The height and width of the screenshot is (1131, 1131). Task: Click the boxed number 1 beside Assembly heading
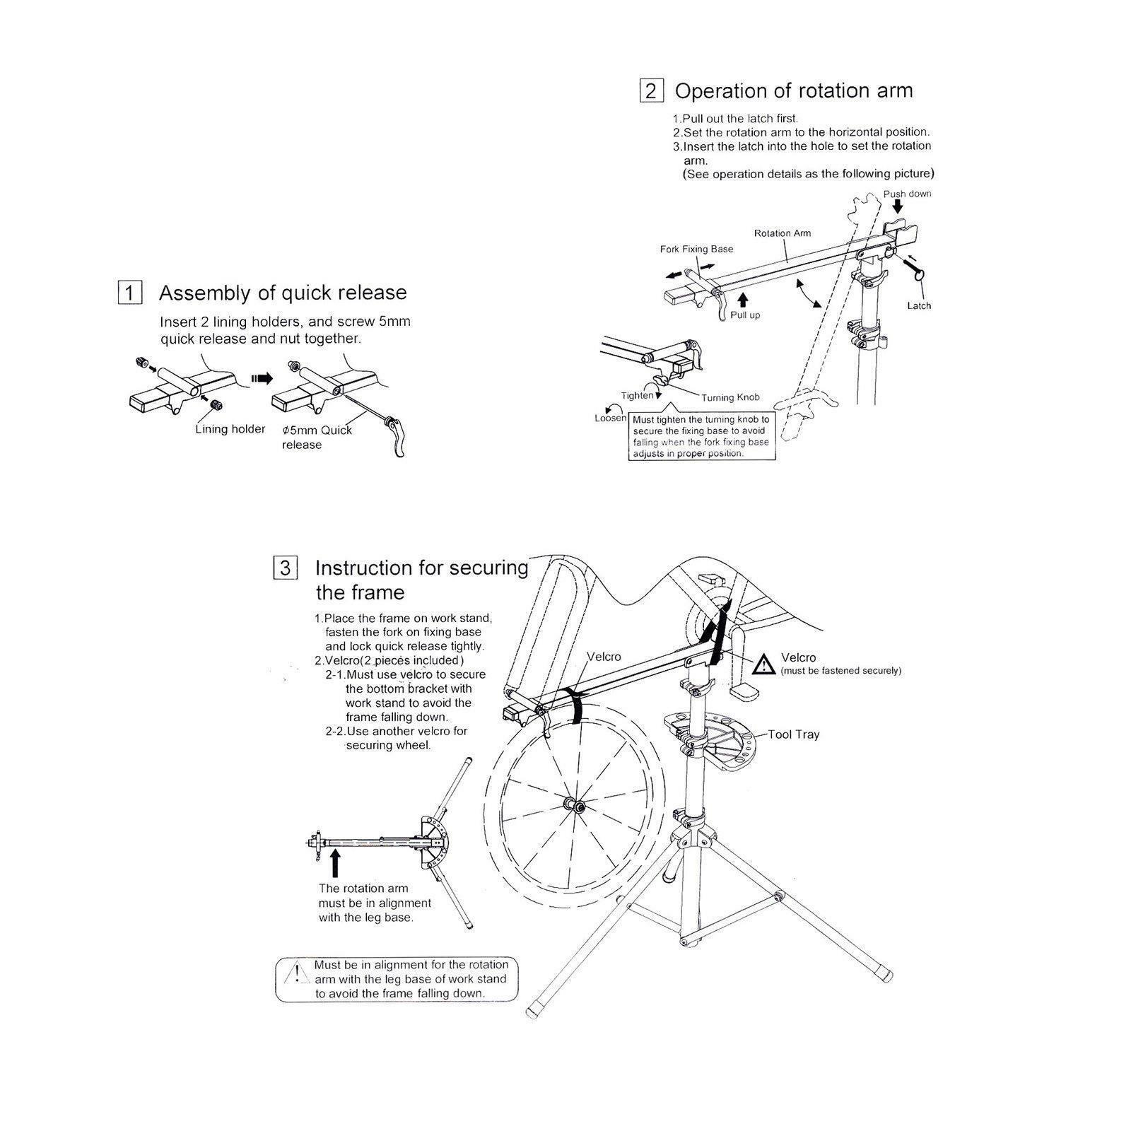point(129,293)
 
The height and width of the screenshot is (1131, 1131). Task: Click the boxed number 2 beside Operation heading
point(650,91)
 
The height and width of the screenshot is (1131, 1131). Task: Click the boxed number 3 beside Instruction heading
point(285,568)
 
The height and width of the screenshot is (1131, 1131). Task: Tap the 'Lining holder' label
point(230,429)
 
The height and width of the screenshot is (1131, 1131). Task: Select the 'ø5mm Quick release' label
point(316,437)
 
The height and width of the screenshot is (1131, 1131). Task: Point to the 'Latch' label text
point(919,305)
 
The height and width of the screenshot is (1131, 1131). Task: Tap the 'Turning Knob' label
point(730,397)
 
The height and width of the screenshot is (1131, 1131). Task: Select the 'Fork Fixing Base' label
point(696,249)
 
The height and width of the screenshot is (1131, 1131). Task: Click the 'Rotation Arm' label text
point(782,233)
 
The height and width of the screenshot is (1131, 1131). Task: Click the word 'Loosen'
point(610,418)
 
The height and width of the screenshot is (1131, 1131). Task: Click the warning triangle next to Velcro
point(763,664)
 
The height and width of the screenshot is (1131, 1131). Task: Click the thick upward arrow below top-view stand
point(335,864)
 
